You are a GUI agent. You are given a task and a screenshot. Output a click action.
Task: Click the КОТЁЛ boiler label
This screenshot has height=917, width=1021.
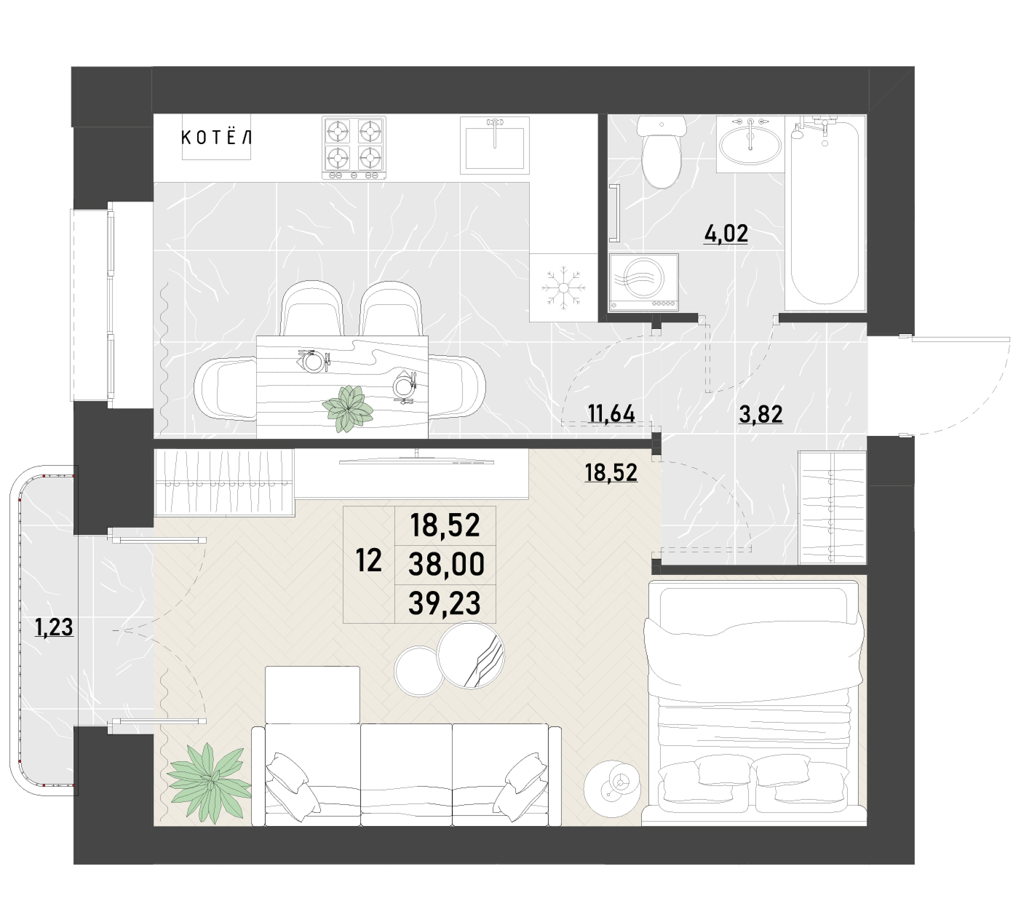coord(216,137)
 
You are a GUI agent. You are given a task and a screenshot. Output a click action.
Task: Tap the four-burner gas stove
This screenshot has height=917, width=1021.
coord(354,148)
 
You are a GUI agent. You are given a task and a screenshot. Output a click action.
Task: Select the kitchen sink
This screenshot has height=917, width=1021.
coord(494,145)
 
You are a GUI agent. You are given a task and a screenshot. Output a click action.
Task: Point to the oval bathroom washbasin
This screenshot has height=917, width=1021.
coord(750,144)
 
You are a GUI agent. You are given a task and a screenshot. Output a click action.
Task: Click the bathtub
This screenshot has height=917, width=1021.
coord(825,213)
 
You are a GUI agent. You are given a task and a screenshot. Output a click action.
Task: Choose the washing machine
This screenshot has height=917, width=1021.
coord(643,282)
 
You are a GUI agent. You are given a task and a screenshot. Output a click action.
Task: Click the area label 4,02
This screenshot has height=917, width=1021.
coord(726,234)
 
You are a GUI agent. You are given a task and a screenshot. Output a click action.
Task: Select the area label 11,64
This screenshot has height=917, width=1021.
coord(611,413)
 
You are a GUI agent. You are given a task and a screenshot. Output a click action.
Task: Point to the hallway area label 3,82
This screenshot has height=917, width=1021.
coord(760,414)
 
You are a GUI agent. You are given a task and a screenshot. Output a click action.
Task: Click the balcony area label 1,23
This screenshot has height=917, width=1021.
coord(54,627)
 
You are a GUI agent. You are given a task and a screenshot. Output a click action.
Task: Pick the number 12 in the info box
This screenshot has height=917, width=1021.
coord(368,560)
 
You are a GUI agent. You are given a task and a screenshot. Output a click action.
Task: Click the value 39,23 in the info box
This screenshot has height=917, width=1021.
coord(444,603)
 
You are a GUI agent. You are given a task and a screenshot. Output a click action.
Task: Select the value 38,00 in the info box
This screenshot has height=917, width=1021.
coord(446,563)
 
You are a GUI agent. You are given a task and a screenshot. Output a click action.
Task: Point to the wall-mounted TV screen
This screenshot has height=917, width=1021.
coord(416,460)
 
